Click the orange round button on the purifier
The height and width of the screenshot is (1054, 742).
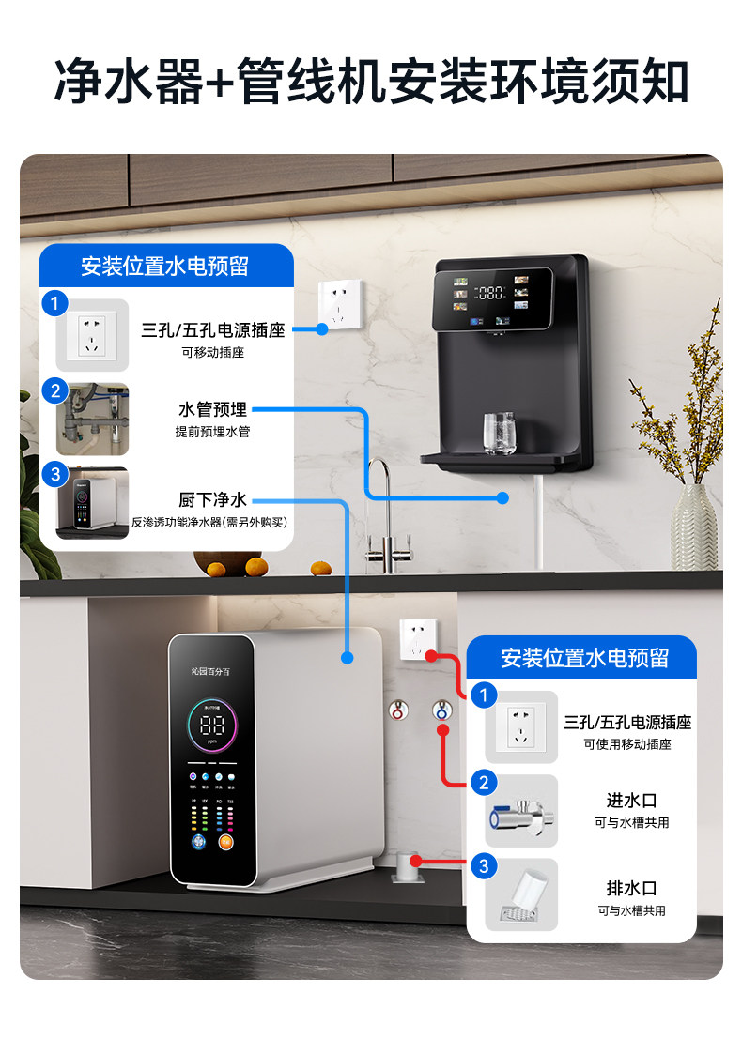coord(225,842)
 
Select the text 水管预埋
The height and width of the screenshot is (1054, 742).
coord(212,410)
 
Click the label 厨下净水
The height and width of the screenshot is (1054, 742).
coord(212,500)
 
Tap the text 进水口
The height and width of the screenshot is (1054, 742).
coord(631,801)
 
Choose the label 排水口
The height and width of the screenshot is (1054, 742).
coord(631,888)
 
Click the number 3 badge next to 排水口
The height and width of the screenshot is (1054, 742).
coord(484,866)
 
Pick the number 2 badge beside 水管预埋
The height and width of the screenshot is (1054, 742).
coord(55,391)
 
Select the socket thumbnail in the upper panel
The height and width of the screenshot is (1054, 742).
coord(91,335)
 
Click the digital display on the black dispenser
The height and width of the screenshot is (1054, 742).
coord(491,293)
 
